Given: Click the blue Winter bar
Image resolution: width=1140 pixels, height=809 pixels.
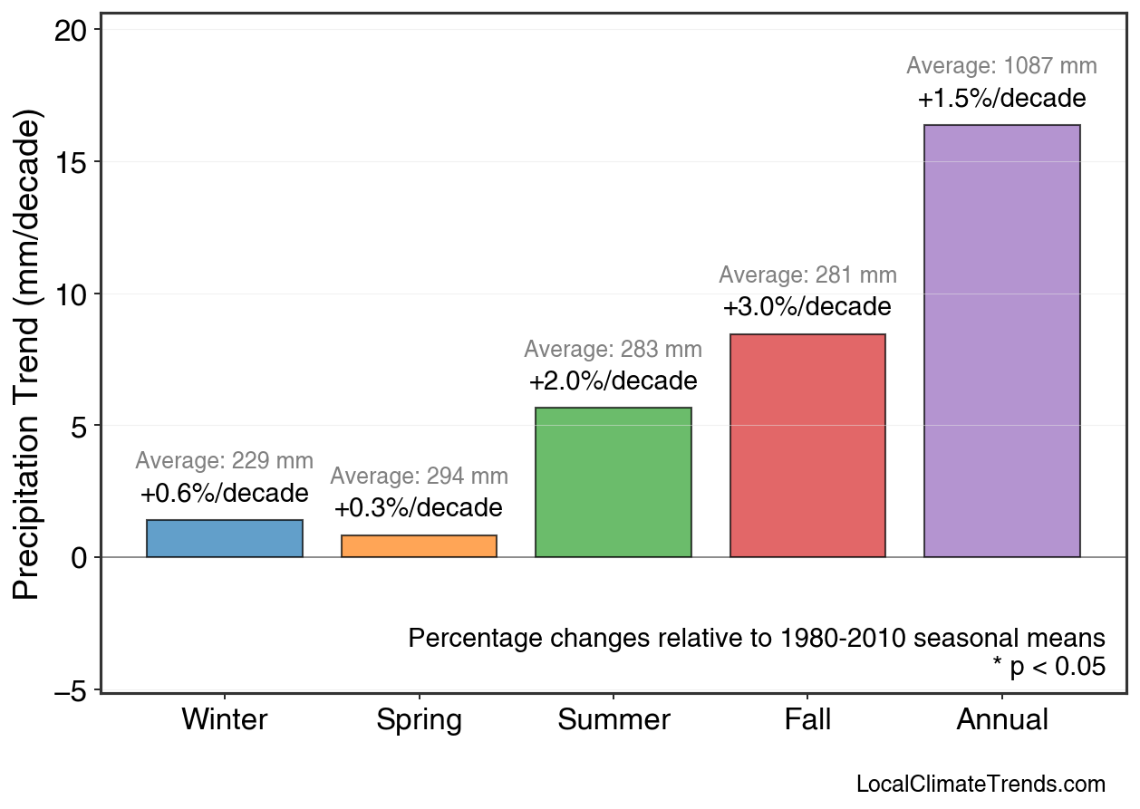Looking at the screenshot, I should pos(224,538).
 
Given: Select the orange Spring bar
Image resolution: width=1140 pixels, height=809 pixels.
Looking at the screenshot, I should pos(419,546).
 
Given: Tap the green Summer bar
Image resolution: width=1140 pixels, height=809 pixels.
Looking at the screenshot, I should pos(613,482).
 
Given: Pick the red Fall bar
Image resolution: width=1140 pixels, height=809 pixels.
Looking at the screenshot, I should pos(807,446).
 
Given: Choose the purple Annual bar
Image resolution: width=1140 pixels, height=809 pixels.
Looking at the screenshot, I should pos(1001,341).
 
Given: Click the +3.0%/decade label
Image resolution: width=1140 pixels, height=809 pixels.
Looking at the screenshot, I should pos(807,307).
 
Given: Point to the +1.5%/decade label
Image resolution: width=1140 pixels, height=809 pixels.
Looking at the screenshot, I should pos(1001,98).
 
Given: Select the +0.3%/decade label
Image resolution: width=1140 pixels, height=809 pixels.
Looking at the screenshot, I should pos(419,507).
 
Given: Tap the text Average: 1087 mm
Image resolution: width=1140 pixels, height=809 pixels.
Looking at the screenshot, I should pos(1001,66).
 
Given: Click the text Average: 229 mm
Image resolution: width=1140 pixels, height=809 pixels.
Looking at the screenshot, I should pos(224,461).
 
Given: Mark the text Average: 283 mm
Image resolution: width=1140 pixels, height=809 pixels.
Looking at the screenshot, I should pos(613,350).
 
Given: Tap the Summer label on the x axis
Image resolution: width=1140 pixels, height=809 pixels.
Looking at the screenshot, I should pos(613,720).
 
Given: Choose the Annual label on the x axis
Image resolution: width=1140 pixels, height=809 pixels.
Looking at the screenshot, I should pos(1001,720).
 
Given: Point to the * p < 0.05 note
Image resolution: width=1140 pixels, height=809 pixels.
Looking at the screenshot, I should pos(1048,667).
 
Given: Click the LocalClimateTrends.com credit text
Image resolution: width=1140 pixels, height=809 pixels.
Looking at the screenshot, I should pos(980,785).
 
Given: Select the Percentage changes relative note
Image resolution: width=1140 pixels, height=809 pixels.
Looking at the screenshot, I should pos(757,638).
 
